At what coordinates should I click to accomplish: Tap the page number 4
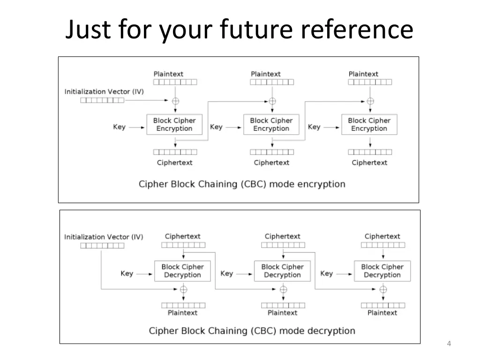[x=449, y=345]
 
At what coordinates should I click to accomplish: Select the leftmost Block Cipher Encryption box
[x=174, y=124]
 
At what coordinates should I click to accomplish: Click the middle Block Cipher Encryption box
[x=271, y=124]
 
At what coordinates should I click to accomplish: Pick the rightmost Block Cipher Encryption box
[x=369, y=124]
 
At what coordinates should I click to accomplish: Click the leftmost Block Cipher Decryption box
[x=182, y=271]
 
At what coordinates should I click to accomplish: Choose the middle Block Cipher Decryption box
[x=282, y=271]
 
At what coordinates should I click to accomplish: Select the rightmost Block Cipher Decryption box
[x=382, y=271]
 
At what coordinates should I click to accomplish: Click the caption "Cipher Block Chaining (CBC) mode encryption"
[x=242, y=184]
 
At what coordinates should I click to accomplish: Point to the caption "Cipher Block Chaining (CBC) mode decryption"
[x=252, y=331]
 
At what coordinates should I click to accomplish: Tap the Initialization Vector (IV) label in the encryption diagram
[x=104, y=91]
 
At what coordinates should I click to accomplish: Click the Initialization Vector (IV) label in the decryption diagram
[x=104, y=237]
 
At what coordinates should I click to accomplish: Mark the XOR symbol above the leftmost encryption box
[x=176, y=101]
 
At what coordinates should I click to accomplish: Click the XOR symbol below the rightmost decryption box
[x=383, y=289]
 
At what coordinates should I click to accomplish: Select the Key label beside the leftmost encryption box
[x=119, y=127]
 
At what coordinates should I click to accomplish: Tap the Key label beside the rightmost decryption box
[x=326, y=273]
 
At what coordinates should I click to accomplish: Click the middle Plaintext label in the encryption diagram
[x=266, y=74]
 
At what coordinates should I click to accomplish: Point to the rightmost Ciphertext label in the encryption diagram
[x=369, y=163]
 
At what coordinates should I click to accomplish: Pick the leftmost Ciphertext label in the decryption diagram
[x=183, y=236]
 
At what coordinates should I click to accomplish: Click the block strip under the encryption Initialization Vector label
[x=102, y=100]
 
